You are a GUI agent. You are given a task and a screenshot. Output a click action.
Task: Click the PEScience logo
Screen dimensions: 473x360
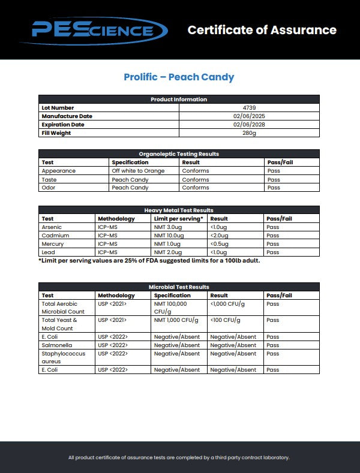92,30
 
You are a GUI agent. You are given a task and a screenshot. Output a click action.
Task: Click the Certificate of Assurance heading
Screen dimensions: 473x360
262,30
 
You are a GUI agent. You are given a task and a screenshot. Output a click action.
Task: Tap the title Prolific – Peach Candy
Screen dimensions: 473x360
179,77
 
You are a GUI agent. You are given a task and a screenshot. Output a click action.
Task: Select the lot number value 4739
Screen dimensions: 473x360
249,108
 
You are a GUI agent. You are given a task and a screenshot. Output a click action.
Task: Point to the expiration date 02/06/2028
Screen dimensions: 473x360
249,125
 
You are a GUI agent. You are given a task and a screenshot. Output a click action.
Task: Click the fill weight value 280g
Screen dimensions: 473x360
249,133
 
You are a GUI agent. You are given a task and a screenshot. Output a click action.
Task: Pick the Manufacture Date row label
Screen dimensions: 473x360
67,116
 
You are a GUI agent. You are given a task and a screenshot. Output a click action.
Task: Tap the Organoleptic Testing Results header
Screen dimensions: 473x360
179,154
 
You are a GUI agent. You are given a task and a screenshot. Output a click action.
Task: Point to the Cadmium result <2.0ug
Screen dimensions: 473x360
220,236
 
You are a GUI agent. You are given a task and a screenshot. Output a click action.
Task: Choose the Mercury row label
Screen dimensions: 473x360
52,244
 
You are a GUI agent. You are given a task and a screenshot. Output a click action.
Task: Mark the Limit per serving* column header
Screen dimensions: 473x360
178,219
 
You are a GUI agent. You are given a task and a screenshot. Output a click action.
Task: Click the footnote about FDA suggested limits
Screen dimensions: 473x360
149,260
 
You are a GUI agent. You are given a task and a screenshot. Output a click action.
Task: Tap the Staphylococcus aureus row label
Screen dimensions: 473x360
63,357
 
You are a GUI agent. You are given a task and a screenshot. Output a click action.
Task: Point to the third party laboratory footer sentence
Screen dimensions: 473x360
179,457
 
